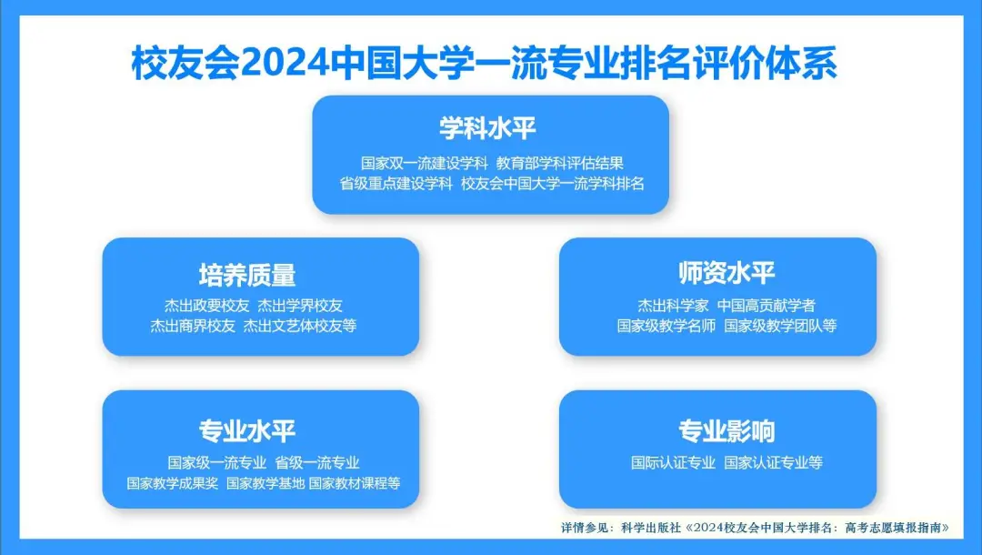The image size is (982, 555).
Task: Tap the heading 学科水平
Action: coord(488,128)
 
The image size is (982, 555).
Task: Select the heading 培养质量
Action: coord(247,275)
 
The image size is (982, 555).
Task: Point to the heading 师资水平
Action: coord(727,272)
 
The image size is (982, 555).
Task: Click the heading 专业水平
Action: coord(247,431)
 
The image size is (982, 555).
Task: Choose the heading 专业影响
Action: coord(727,431)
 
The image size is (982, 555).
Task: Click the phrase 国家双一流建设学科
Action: coord(424,164)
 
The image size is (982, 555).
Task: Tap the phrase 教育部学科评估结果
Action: coord(560,164)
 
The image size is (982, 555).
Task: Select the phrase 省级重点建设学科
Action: coord(396,184)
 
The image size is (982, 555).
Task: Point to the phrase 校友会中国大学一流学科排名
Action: coord(553,184)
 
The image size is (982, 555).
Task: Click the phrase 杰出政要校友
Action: coord(206,305)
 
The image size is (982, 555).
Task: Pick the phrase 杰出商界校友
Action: coord(192,326)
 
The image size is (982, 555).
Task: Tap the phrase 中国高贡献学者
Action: coord(766,305)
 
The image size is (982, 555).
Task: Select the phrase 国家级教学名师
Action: coord(666,326)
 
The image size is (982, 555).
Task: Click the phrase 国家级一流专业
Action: coord(216,463)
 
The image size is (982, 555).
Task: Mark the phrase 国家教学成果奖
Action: coord(172,484)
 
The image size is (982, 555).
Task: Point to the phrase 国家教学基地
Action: coord(266,484)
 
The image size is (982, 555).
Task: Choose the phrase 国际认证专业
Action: coord(673,463)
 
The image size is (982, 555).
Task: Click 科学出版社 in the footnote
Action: coord(651,528)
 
